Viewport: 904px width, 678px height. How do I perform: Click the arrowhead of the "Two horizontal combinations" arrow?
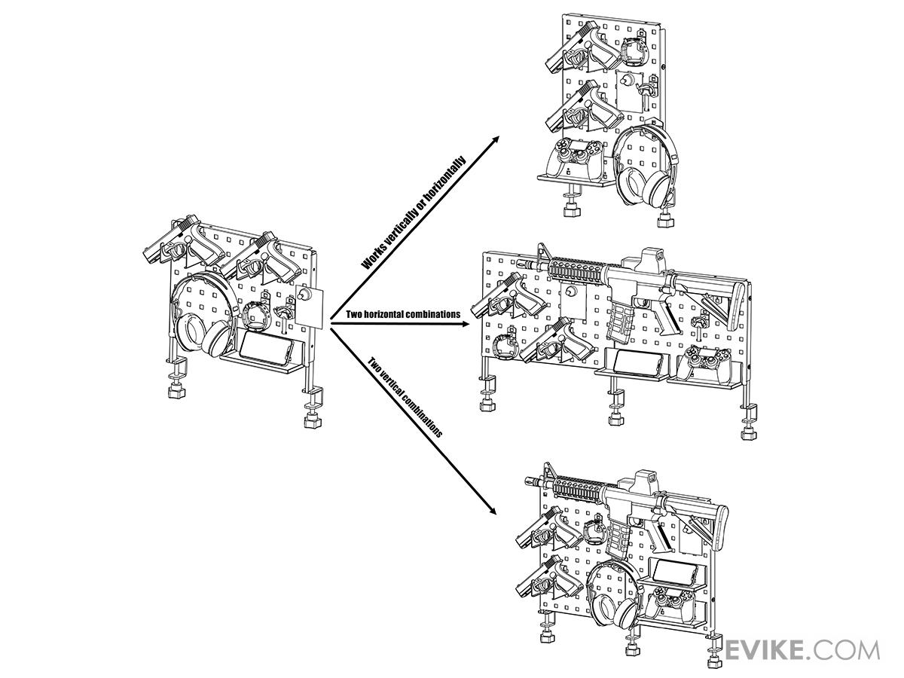(465, 324)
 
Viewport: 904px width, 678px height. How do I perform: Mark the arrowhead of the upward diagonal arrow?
(495, 139)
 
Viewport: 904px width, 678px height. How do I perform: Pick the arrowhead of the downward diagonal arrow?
(491, 511)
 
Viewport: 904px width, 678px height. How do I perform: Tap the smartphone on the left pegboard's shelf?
(266, 348)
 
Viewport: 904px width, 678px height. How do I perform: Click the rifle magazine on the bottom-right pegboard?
(618, 539)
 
